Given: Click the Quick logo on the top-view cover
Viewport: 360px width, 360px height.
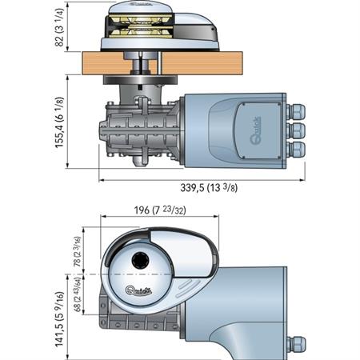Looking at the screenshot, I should coord(138,289).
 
